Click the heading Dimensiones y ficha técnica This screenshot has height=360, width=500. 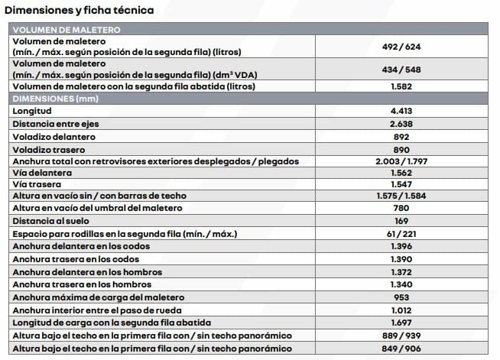click(79, 11)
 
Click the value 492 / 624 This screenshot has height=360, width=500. click(401, 46)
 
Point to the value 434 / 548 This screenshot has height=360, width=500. click(401, 70)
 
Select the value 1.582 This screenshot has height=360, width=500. click(401, 86)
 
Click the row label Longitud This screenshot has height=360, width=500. click(32, 112)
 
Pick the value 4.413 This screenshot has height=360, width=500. click(401, 112)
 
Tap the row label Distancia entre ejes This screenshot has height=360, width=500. click(58, 124)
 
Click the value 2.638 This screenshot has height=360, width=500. click(401, 124)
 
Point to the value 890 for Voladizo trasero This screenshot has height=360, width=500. click(401, 148)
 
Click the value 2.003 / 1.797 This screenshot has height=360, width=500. click(401, 161)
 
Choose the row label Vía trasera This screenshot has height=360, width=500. click(37, 185)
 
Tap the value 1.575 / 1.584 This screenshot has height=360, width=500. click(401, 196)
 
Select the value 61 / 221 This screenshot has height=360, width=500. click(401, 233)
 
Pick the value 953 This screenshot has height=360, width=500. click(401, 297)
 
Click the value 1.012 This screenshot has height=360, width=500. click(401, 309)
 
